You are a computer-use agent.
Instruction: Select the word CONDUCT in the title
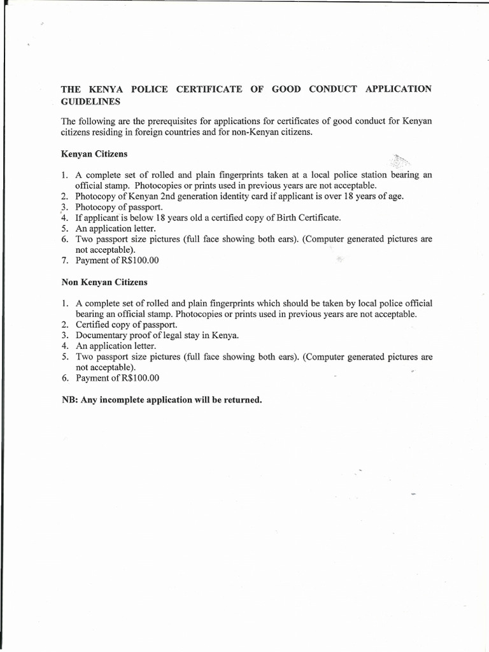(x=329, y=89)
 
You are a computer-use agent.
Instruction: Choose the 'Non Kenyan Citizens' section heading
(x=104, y=281)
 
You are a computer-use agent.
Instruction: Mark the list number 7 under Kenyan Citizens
(x=64, y=260)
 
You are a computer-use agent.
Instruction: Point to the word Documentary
(x=104, y=335)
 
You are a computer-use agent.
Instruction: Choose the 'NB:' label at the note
(x=69, y=400)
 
